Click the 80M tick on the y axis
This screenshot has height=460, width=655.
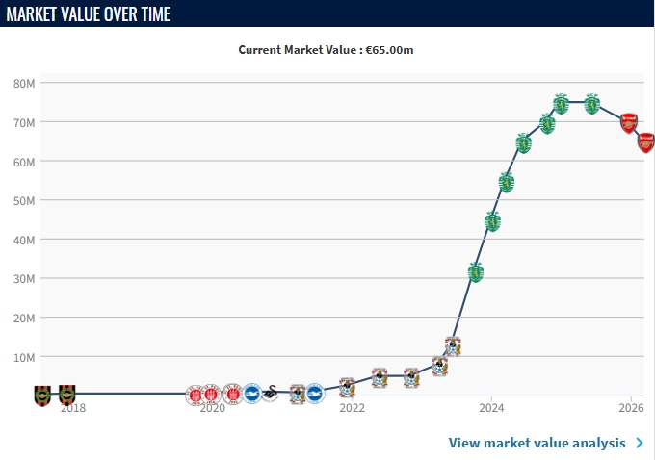24,84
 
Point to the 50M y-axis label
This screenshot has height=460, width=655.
24,201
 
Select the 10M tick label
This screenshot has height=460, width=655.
24,357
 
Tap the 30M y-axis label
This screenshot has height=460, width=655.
24,279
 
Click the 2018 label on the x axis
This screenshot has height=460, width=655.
73,408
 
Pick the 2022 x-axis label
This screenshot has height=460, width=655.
352,408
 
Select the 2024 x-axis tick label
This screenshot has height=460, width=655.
491,408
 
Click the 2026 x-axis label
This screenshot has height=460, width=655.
631,408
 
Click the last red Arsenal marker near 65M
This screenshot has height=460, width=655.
646,142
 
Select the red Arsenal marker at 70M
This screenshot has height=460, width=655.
629,122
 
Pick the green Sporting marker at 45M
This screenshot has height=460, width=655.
493,221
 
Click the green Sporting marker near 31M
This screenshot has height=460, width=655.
476,272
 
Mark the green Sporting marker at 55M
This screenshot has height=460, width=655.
507,182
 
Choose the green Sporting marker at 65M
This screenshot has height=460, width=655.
524,143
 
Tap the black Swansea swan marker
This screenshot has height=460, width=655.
273,394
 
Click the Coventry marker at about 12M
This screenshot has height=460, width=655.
453,346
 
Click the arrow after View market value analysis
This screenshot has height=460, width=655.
639,443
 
